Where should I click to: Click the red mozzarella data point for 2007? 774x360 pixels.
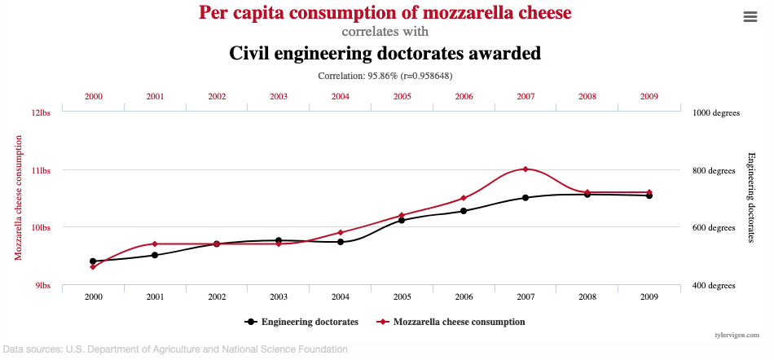coord(526,169)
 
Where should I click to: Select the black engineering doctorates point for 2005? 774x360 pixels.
coord(402,220)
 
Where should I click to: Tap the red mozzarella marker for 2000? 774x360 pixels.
coord(93,267)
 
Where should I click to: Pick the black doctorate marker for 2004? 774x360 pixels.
coord(341,242)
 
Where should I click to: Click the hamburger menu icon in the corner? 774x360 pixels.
coord(750,17)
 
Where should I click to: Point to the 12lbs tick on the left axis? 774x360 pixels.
coord(41,113)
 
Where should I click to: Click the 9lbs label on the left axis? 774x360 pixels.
coord(42,286)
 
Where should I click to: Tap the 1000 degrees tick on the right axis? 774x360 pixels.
coord(715,113)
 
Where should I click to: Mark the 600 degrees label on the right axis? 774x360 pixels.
coord(714,228)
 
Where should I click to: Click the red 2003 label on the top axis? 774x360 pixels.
coord(279,96)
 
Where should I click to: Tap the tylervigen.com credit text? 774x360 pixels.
coord(737,335)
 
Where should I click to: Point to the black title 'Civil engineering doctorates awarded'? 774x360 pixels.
coord(385,54)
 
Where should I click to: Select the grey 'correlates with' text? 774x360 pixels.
coord(385,33)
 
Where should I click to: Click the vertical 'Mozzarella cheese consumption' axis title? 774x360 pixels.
coord(18,198)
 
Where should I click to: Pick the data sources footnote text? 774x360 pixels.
coord(174,349)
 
